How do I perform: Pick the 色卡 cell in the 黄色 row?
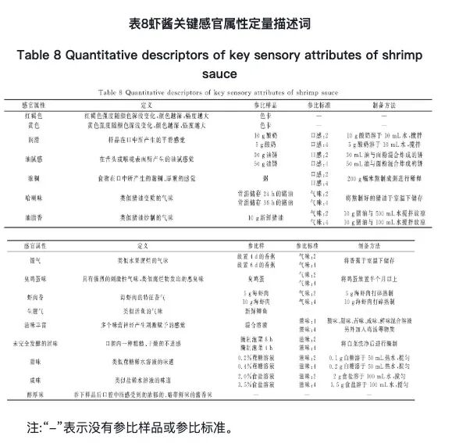[x=272, y=123]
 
